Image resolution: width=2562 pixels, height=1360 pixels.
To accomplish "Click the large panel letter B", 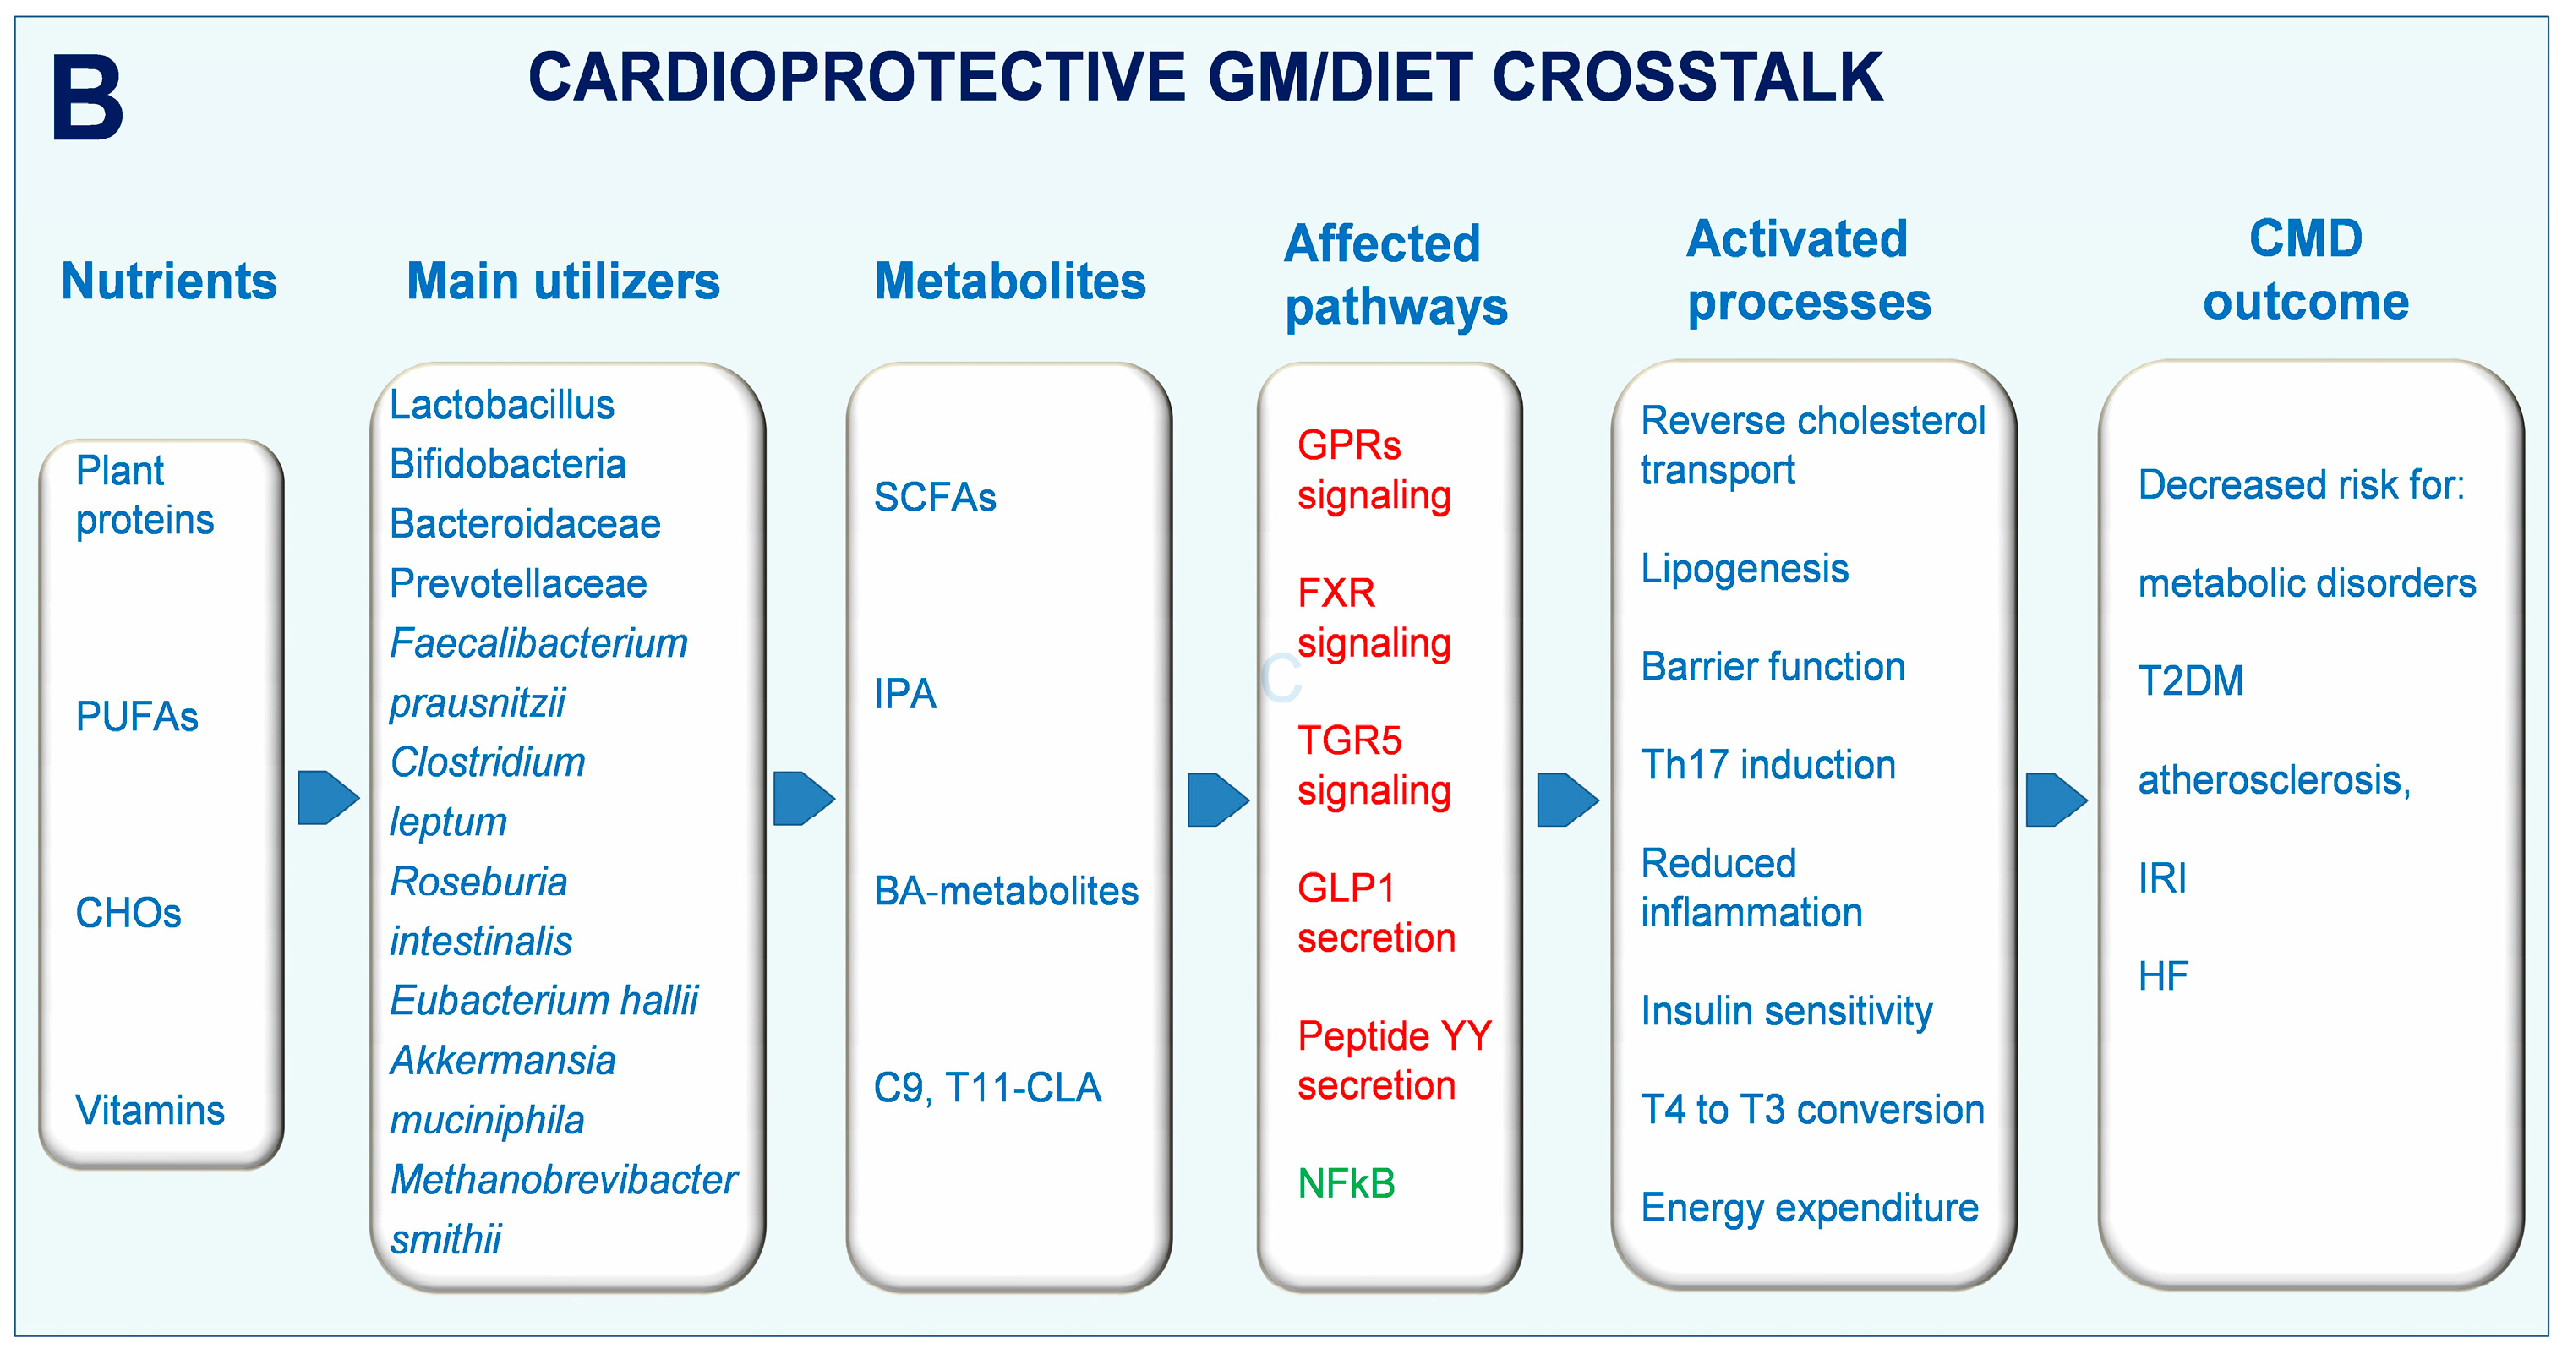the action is pyautogui.click(x=88, y=97).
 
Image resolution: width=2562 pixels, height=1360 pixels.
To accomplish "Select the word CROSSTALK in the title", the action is pyautogui.click(x=1688, y=77).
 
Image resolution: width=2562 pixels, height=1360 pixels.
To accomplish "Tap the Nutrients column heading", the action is pyautogui.click(x=169, y=281).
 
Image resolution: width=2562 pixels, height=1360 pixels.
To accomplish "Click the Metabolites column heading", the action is pyautogui.click(x=1009, y=281).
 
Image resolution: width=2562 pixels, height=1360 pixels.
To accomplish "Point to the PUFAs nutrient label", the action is pyautogui.click(x=137, y=716).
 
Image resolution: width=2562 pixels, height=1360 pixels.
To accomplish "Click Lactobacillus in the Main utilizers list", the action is pyautogui.click(x=502, y=405).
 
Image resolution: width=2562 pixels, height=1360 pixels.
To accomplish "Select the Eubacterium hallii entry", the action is pyautogui.click(x=544, y=1001).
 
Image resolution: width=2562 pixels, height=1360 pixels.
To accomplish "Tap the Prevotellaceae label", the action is pyautogui.click(x=518, y=584).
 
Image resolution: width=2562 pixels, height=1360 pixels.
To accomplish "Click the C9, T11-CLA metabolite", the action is pyautogui.click(x=987, y=1089).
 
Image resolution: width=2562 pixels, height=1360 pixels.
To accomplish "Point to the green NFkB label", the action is pyautogui.click(x=1347, y=1184).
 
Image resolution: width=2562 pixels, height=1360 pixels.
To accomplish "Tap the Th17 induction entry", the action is pyautogui.click(x=1768, y=765).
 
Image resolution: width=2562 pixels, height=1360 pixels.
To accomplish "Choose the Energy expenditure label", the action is pyautogui.click(x=1809, y=1209).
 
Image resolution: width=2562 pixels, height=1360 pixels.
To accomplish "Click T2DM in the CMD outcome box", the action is pyautogui.click(x=2191, y=681).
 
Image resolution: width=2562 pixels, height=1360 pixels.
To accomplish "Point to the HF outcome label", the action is pyautogui.click(x=2163, y=976).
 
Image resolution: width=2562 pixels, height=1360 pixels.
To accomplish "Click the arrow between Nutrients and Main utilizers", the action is pyautogui.click(x=328, y=798).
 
